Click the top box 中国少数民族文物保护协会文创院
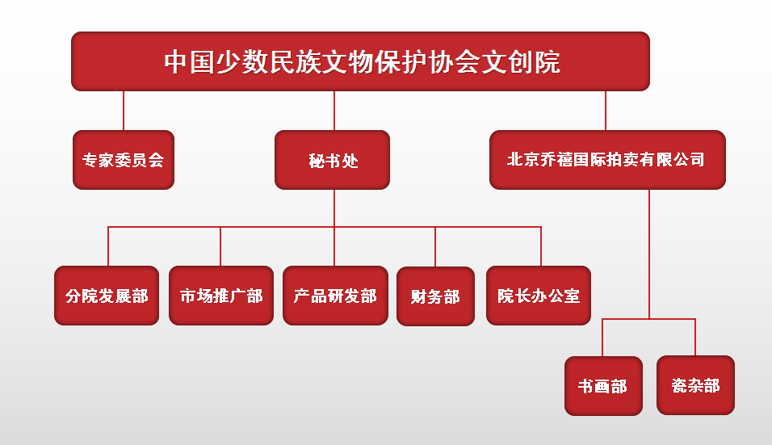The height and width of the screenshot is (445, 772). click(x=360, y=61)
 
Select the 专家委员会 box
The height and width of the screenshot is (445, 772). click(x=124, y=160)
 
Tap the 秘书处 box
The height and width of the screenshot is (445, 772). click(x=333, y=160)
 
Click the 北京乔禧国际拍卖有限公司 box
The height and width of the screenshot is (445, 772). click(x=607, y=160)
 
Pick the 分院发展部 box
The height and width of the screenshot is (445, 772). click(x=107, y=296)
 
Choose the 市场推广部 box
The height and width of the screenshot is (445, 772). click(x=221, y=296)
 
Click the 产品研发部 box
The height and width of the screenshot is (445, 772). click(x=335, y=296)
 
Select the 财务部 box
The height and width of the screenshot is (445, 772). click(x=435, y=296)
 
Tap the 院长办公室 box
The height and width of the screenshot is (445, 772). click(x=539, y=296)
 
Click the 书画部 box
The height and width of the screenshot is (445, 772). click(x=603, y=386)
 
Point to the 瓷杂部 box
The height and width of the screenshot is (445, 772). click(x=695, y=386)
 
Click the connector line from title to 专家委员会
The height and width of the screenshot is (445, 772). click(x=124, y=111)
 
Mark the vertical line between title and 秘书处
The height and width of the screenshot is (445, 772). click(x=334, y=111)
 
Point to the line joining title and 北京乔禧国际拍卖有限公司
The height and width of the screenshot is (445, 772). click(x=606, y=111)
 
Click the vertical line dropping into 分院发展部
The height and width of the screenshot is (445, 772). click(x=107, y=246)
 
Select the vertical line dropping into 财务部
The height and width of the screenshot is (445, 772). click(x=435, y=246)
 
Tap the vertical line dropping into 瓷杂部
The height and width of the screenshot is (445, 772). click(x=695, y=338)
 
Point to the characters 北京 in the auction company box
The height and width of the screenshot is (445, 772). click(x=520, y=160)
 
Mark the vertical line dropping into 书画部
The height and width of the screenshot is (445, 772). click(x=603, y=338)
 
